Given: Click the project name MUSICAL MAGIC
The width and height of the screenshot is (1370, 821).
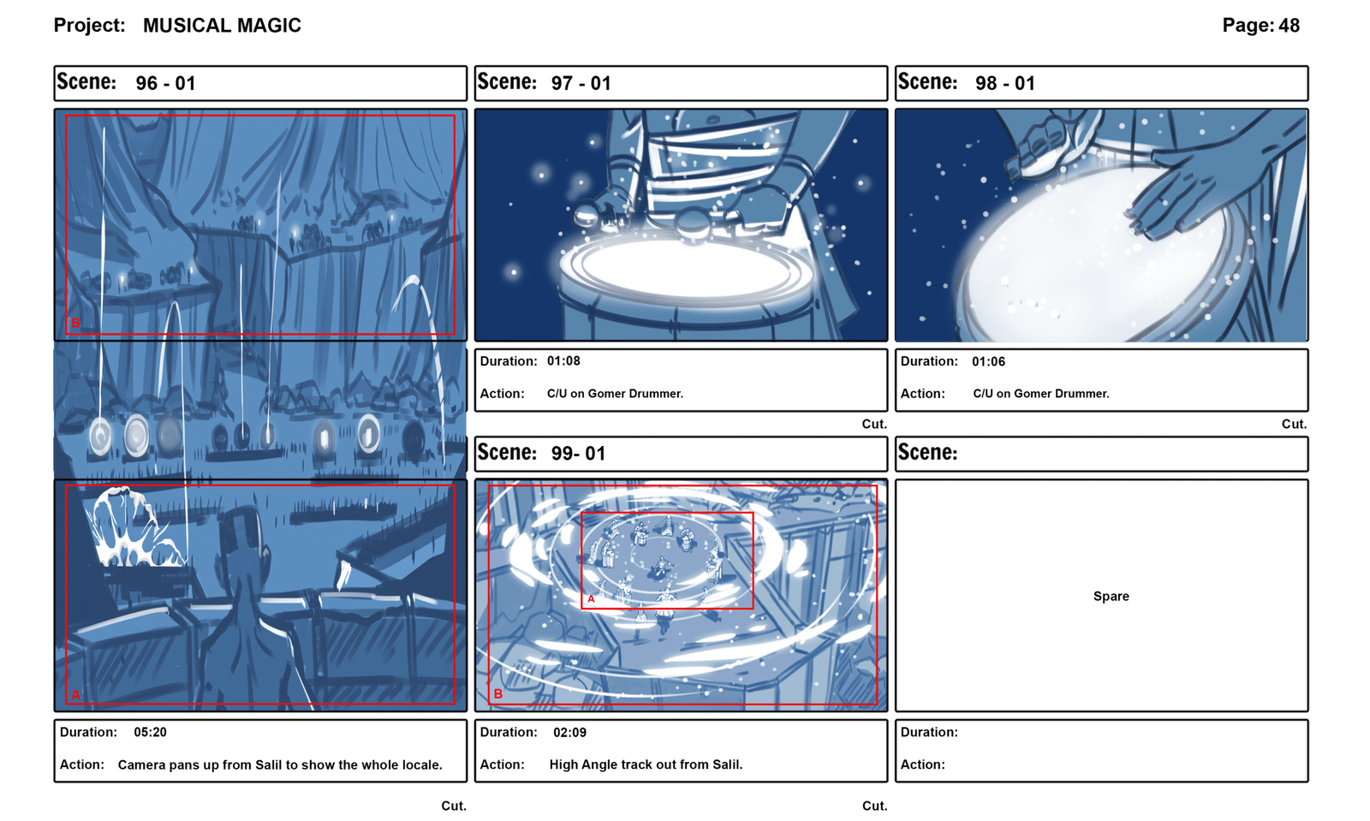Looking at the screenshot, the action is click(222, 26).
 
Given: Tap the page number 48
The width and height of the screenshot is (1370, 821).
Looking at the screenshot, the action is click(1289, 25).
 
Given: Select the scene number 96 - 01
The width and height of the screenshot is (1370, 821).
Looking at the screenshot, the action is click(166, 83).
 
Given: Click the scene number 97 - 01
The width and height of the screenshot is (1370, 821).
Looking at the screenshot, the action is click(581, 83).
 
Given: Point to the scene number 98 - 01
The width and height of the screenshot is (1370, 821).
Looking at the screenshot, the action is click(1005, 83).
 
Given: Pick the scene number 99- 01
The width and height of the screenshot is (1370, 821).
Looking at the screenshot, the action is click(578, 454).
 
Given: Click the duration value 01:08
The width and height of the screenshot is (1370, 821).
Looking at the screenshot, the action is click(563, 361).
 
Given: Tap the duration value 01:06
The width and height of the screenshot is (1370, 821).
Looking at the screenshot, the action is click(988, 362).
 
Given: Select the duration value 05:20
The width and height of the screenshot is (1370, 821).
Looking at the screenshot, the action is click(150, 732).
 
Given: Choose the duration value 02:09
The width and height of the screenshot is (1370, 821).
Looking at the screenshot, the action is click(569, 732).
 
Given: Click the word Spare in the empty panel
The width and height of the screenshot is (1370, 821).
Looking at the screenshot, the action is click(1111, 597).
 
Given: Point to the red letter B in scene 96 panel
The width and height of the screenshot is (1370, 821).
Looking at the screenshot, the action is click(76, 324).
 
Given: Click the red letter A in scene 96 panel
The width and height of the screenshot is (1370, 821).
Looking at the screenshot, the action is click(76, 695).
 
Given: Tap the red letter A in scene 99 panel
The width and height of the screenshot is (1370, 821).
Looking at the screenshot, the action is click(592, 599).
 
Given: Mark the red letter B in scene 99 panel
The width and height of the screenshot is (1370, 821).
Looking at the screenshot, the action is click(498, 693).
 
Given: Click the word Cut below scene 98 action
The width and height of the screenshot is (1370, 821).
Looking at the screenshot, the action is click(1294, 425).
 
